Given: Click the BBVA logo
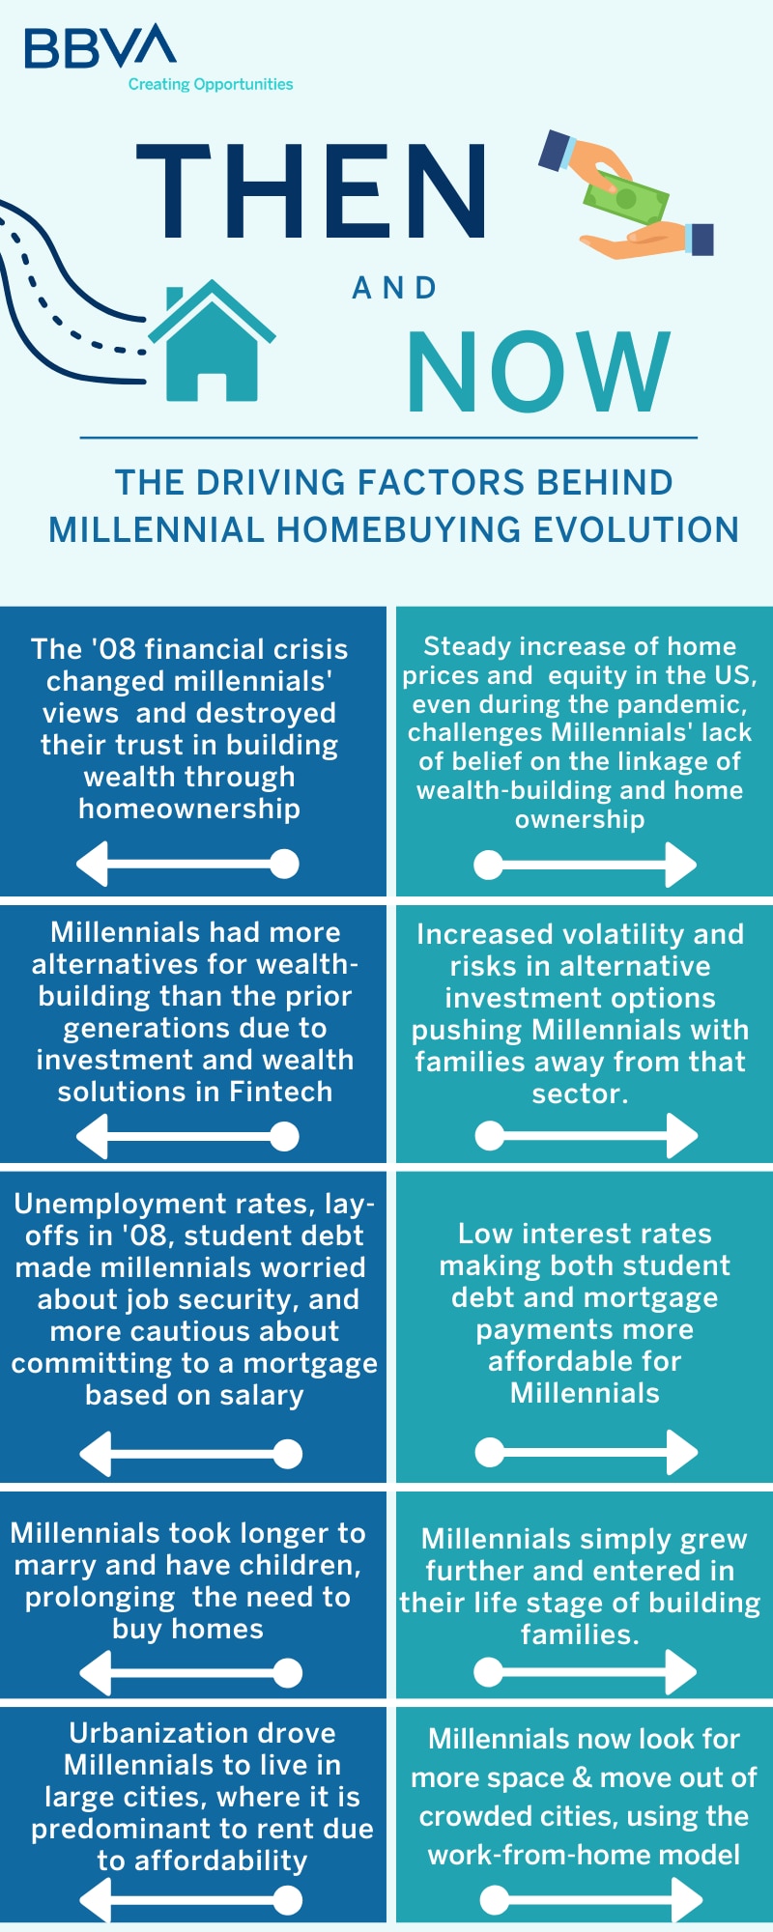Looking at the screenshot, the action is point(100,46).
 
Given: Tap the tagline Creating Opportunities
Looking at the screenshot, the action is point(211,84).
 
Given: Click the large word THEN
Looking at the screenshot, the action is point(311,190).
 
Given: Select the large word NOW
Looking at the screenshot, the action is point(538,371).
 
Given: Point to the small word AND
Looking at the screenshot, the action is point(394,288).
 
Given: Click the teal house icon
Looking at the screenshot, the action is point(212,340).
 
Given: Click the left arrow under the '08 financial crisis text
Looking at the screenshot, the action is point(187,864).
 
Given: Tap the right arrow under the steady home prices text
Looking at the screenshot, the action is point(586,865).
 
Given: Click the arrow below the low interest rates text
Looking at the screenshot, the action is point(587,1452).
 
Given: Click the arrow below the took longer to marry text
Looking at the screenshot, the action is point(190,1673).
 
